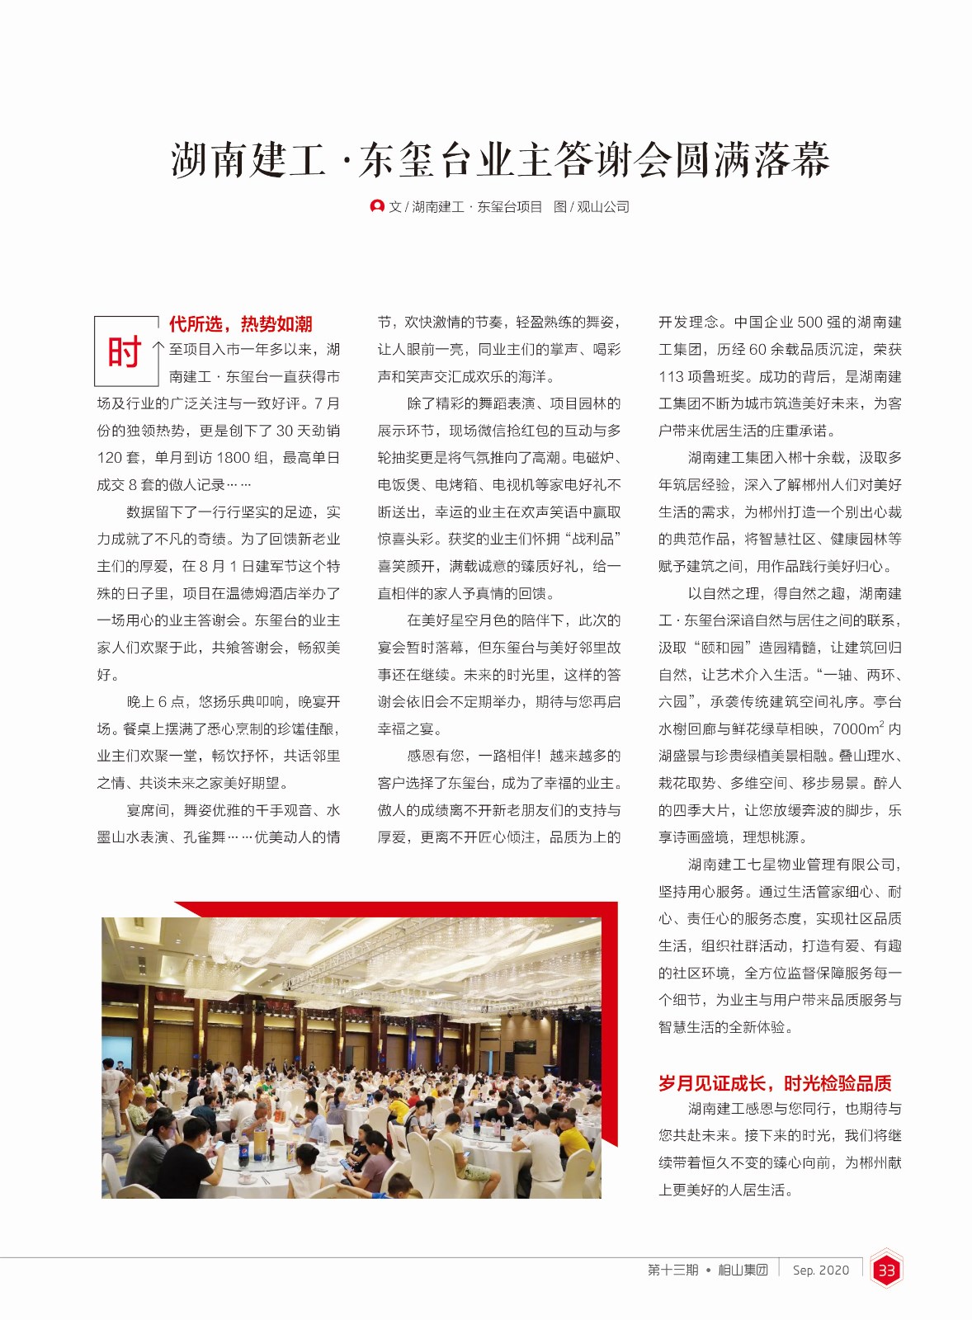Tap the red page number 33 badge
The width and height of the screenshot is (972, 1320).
pos(886,1270)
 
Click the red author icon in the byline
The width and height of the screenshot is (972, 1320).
pos(377,206)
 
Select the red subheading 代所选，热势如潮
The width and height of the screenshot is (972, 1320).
pos(240,323)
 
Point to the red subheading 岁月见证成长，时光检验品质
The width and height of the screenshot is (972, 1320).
pos(775,1083)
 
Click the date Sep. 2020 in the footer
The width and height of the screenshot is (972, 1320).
pos(820,1270)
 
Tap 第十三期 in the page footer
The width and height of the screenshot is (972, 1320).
pos(672,1270)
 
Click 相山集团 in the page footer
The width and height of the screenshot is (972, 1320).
pos(743,1270)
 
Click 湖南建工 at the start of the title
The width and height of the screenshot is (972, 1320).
pos(248,160)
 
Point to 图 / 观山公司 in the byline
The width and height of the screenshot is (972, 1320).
pos(591,207)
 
